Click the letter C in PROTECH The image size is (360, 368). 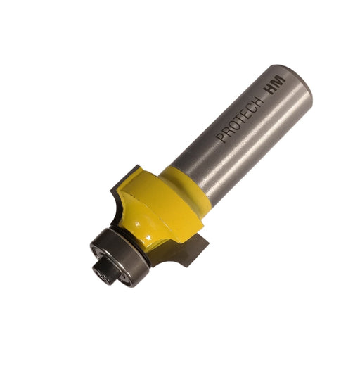250,108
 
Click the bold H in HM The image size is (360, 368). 271,89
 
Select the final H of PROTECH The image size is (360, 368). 257,102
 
